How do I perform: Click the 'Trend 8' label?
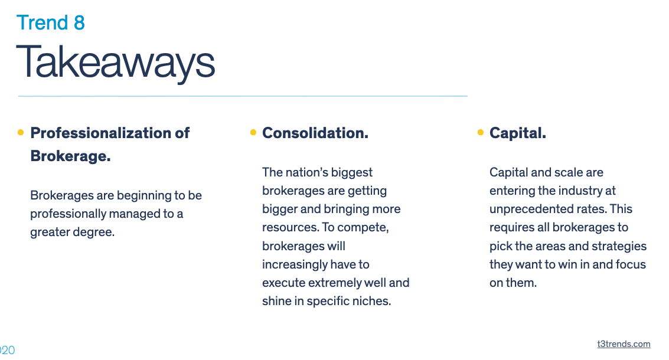coord(51,22)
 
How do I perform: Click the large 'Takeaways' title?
coord(116,63)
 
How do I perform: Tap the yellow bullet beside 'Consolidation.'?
coord(253,132)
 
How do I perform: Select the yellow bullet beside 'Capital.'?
coord(481,132)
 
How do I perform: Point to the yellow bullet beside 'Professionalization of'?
coord(21,132)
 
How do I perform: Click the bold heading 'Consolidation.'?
coord(315,133)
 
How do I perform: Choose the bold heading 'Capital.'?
coord(517,133)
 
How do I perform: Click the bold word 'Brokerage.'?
coord(70,156)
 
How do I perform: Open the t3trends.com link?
coord(624,344)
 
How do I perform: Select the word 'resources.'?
coord(290,227)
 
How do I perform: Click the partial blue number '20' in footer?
coord(7,350)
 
